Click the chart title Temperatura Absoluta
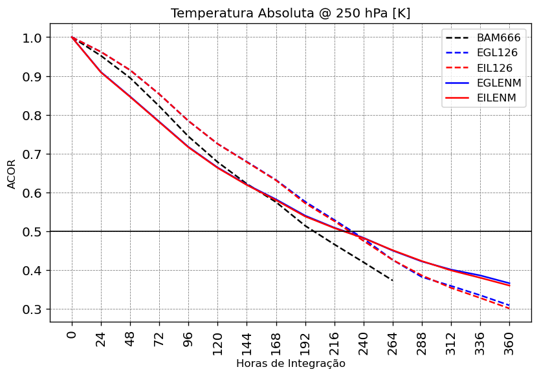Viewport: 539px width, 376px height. [x=291, y=14]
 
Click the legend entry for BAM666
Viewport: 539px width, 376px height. [x=498, y=38]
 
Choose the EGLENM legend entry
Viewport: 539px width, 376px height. [x=498, y=83]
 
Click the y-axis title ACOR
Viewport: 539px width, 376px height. [x=12, y=174]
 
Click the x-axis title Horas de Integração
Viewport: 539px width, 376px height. [x=291, y=364]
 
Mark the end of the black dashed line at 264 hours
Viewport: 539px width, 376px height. [x=393, y=280]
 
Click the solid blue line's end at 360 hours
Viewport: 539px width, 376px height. [x=510, y=283]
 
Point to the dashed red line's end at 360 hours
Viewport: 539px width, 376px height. [x=510, y=309]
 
